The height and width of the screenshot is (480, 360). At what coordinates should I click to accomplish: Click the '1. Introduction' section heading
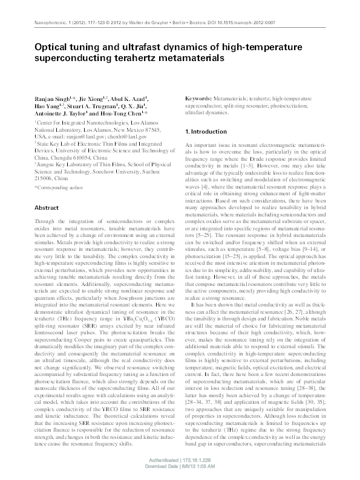(206, 132)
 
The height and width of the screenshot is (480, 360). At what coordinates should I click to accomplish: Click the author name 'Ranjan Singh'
(50, 97)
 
